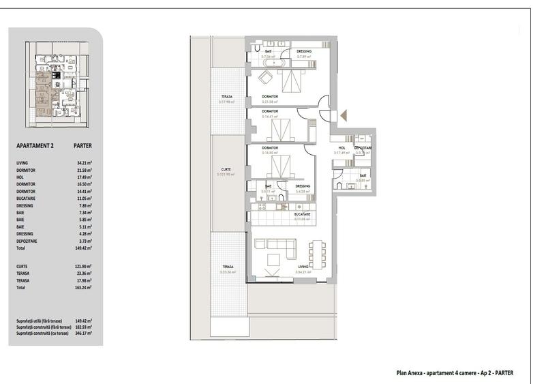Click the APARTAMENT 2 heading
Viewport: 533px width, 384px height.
[x=35, y=145]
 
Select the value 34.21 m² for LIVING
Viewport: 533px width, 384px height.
[x=84, y=163]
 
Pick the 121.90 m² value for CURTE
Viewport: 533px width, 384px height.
[x=83, y=267]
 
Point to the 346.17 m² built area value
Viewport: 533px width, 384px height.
[x=83, y=333]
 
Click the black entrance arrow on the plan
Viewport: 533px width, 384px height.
[x=343, y=115]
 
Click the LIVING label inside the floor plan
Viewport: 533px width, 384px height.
[x=303, y=267]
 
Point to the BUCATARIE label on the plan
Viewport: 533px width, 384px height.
[x=303, y=214]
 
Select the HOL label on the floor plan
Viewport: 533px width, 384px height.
[x=341, y=148]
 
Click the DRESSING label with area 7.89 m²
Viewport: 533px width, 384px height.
[x=305, y=51]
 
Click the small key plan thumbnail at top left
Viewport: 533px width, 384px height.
[x=57, y=83]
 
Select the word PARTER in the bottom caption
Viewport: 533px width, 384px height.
[x=504, y=373]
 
